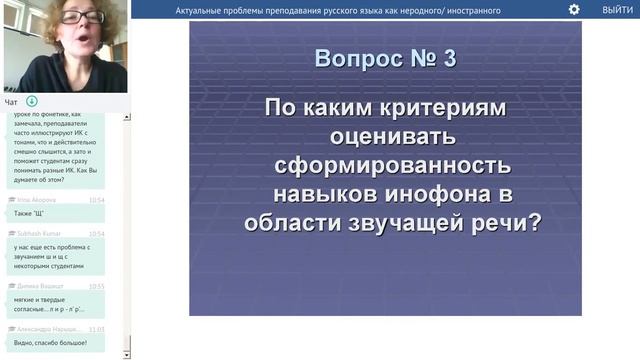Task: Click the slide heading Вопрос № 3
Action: pyautogui.click(x=385, y=58)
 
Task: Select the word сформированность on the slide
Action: pyautogui.click(x=385, y=163)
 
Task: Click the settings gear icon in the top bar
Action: pyautogui.click(x=574, y=9)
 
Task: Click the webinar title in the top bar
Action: pyautogui.click(x=338, y=10)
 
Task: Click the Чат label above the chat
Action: pyautogui.click(x=11, y=102)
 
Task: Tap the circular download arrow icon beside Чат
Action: pyautogui.click(x=32, y=102)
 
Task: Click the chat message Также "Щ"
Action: pyautogui.click(x=30, y=213)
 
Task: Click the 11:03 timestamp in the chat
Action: pyautogui.click(x=96, y=328)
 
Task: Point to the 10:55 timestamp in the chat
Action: pyautogui.click(x=96, y=286)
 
